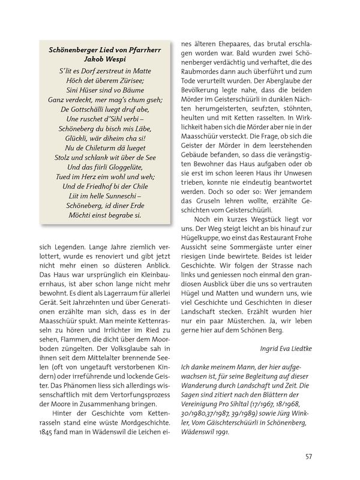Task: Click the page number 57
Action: tap(308, 455)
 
